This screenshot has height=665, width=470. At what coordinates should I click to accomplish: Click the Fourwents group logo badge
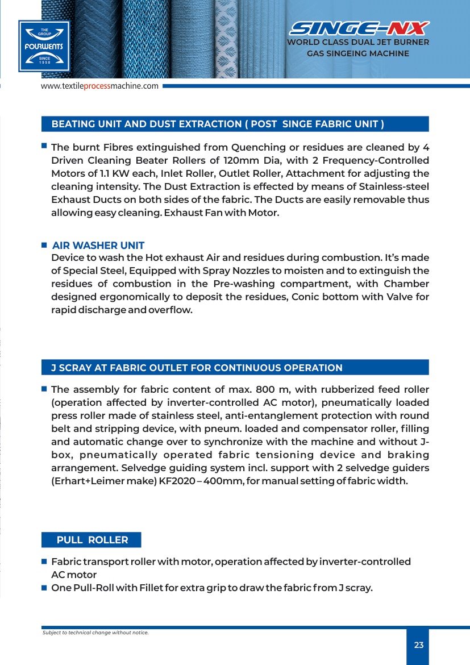pos(44,45)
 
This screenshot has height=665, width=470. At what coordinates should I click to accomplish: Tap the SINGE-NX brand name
pos(358,28)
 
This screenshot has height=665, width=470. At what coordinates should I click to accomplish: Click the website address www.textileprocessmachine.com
pos(99,86)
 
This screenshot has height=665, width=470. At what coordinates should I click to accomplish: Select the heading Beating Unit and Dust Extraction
pos(218,124)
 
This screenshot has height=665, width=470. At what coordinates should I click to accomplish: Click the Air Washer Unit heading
pos(98,246)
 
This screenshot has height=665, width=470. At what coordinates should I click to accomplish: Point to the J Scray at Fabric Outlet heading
pos(197,368)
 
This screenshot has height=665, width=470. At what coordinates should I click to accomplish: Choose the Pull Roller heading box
pos(92,540)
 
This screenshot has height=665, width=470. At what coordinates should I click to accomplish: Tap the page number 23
pos(419,645)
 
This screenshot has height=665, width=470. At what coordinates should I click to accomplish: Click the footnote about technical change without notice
pos(95,633)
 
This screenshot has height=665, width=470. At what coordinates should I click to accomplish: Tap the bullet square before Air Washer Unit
pos(44,246)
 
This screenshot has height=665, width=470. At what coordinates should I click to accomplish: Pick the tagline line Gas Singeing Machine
pos(358,53)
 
